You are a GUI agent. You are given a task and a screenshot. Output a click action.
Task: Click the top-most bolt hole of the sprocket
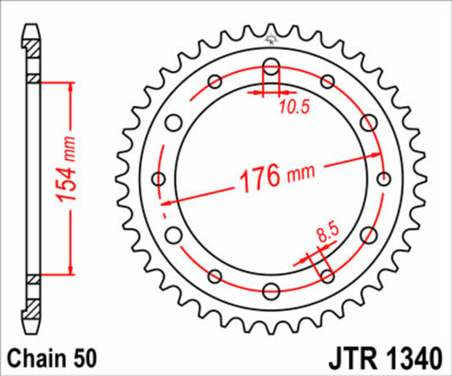click(x=271, y=67)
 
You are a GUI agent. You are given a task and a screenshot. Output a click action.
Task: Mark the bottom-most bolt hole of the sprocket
click(x=271, y=291)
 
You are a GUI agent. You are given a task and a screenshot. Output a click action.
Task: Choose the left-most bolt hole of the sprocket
click(x=159, y=179)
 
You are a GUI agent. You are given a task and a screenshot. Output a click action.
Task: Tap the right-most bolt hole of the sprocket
click(x=383, y=179)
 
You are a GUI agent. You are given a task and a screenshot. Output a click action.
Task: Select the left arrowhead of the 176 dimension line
click(x=166, y=202)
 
